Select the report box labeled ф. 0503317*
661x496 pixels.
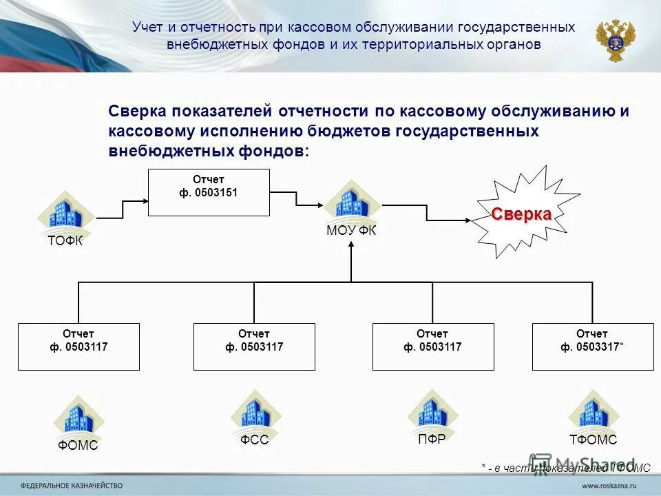click(x=592, y=347)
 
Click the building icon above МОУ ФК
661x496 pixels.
click(x=353, y=201)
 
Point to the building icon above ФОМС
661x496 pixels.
click(x=79, y=417)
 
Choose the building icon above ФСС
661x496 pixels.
click(x=255, y=413)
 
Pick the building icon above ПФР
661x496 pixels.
click(x=432, y=411)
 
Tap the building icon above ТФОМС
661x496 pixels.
click(x=593, y=412)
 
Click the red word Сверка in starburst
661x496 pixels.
click(x=521, y=214)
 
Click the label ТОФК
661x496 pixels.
click(x=65, y=240)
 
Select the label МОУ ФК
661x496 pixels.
click(x=351, y=231)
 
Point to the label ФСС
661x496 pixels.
click(x=254, y=440)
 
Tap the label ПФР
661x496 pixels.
click(x=432, y=439)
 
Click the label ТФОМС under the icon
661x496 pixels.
click(x=593, y=440)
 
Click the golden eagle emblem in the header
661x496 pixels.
click(x=615, y=39)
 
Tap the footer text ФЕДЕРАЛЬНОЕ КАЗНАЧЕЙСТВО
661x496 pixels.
click(x=72, y=484)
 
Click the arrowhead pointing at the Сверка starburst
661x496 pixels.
click(x=468, y=220)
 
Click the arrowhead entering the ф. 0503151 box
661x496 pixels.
click(x=145, y=200)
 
